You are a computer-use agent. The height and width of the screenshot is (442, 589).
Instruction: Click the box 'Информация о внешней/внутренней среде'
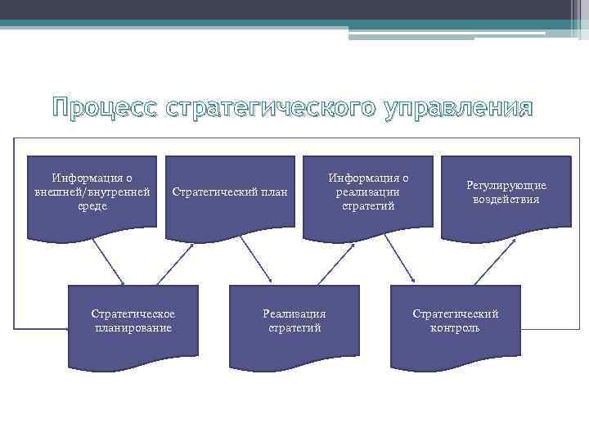pyautogui.click(x=92, y=196)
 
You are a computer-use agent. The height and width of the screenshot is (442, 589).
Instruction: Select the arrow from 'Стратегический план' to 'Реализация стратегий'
pyautogui.click(x=255, y=263)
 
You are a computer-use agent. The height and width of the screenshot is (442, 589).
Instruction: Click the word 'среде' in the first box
pyautogui.click(x=92, y=206)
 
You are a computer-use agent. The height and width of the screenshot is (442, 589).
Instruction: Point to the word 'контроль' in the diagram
pyautogui.click(x=455, y=328)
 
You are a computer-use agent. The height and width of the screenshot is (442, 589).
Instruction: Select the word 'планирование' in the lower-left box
pyautogui.click(x=133, y=328)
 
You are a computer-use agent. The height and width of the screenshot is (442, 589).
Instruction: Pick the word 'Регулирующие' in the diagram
pyautogui.click(x=506, y=186)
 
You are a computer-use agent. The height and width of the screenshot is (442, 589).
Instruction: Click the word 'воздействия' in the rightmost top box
pyautogui.click(x=506, y=199)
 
